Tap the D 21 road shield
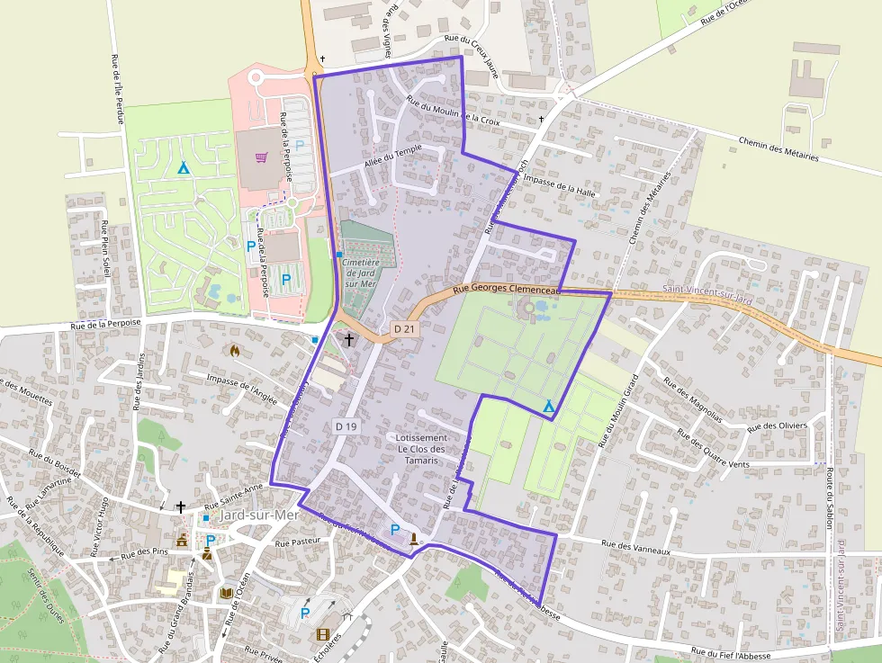click(405, 329)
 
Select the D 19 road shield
click(346, 426)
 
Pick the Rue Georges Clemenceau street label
click(507, 290)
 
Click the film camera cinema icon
click(323, 634)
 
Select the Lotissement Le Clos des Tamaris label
click(421, 448)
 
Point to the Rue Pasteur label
click(297, 542)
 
